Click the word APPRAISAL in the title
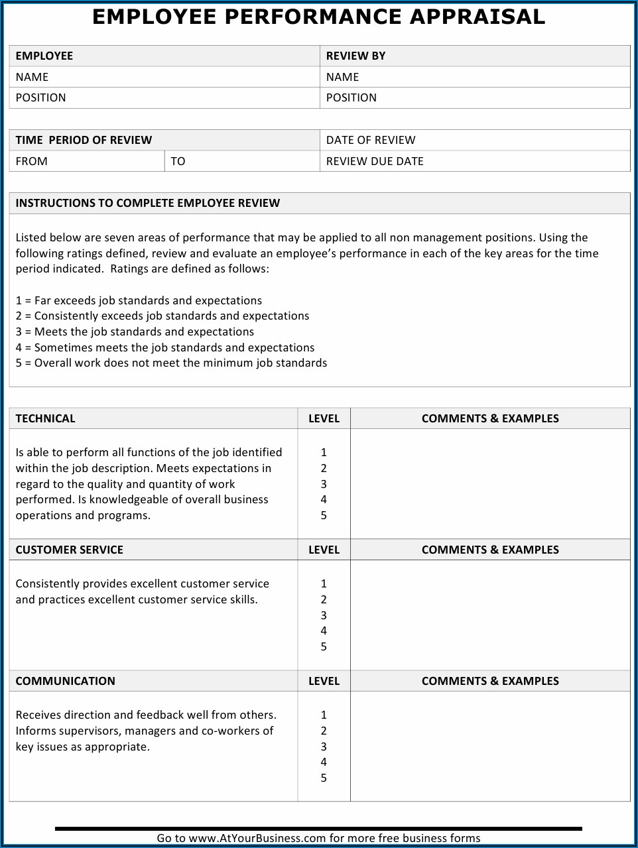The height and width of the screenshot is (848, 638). pos(477,17)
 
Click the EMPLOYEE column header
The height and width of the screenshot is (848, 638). pos(44,56)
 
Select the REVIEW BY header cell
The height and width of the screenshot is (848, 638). pos(355,56)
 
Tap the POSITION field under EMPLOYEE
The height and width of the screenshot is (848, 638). pos(40,97)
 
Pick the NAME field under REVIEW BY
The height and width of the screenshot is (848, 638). pos(342,77)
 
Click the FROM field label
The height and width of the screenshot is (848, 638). pos(31,161)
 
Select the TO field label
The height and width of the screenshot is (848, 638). pos(178,161)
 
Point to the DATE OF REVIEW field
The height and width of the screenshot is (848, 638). pos(371,140)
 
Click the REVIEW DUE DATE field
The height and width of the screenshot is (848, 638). pos(375,161)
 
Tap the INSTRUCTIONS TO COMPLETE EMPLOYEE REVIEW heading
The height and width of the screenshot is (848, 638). pos(148,203)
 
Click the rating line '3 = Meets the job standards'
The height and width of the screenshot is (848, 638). pos(135,332)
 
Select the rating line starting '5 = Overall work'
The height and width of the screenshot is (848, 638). pos(171,363)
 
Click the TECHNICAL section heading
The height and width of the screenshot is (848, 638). pos(45,418)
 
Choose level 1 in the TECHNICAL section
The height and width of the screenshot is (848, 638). pos(324,452)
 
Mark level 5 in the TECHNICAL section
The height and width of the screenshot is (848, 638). pos(324,515)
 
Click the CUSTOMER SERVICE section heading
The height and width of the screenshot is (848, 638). pos(69,550)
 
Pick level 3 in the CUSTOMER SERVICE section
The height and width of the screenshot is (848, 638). pos(324,615)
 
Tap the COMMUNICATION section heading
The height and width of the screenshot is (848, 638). pos(65,681)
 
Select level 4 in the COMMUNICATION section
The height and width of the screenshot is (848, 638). pos(324,762)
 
